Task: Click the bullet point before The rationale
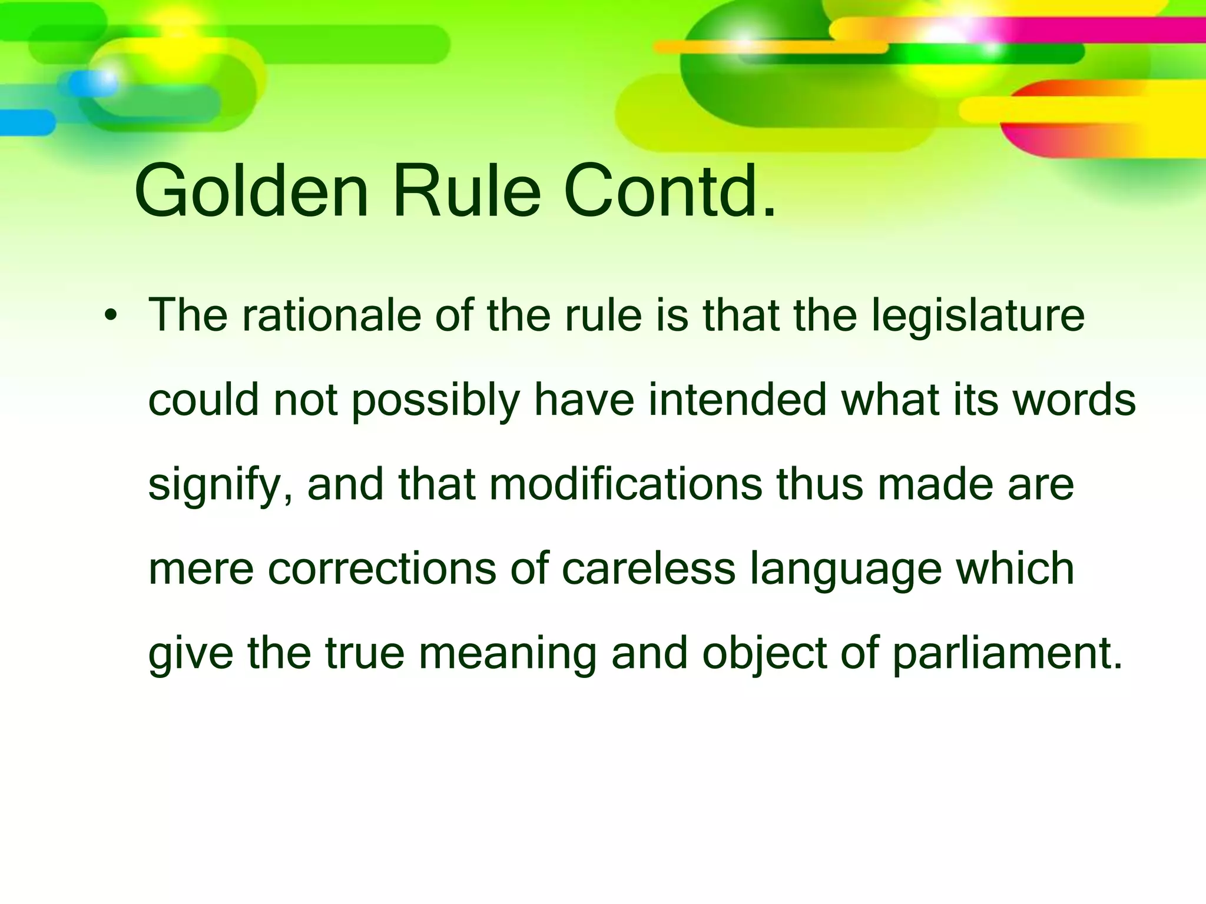click(110, 317)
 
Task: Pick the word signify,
click(220, 486)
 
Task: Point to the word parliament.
click(1007, 654)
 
